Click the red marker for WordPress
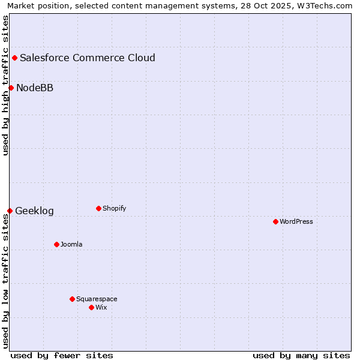[x=275, y=221]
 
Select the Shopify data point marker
[x=98, y=208]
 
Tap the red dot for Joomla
[x=56, y=244]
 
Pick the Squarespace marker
[x=72, y=299]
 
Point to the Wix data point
[x=91, y=307]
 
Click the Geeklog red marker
[x=10, y=211]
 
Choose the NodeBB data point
[x=11, y=88]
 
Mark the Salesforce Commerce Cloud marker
[x=14, y=58]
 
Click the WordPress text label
[x=296, y=221]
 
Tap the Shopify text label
[x=115, y=208]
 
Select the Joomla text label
[x=71, y=244]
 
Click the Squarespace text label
[x=97, y=299]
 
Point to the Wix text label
[x=101, y=307]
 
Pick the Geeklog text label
[x=34, y=211]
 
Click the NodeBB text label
[x=35, y=88]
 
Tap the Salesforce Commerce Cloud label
[x=88, y=58]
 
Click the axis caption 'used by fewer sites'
[x=62, y=355]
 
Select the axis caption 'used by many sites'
[x=301, y=355]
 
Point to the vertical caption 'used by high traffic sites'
[x=6, y=85]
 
